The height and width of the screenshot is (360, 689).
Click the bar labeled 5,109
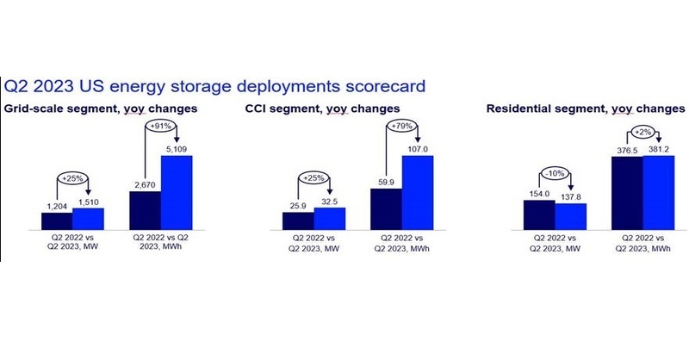tap(177, 193)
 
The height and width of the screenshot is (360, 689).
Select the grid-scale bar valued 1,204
tap(57, 221)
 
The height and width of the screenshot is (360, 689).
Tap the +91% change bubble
tap(160, 126)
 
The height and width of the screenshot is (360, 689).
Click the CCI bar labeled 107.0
tap(418, 193)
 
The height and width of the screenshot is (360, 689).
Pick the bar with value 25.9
tap(298, 221)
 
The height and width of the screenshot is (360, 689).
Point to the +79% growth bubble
tap(401, 126)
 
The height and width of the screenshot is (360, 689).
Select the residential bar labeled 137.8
tap(570, 216)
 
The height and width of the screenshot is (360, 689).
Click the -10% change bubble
tap(555, 174)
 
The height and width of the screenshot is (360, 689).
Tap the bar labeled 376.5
tap(627, 193)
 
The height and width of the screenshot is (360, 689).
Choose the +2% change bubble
tap(642, 132)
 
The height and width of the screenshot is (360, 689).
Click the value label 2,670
tap(145, 185)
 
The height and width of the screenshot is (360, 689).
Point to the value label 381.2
tap(659, 150)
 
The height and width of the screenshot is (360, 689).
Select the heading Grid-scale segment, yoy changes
tap(101, 109)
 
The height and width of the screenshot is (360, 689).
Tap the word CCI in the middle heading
tap(255, 109)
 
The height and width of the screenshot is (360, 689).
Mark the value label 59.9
tap(386, 182)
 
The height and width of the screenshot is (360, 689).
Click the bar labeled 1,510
tap(89, 219)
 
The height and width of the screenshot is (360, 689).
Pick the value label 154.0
tap(539, 194)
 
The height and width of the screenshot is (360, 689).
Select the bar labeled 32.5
tap(330, 219)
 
